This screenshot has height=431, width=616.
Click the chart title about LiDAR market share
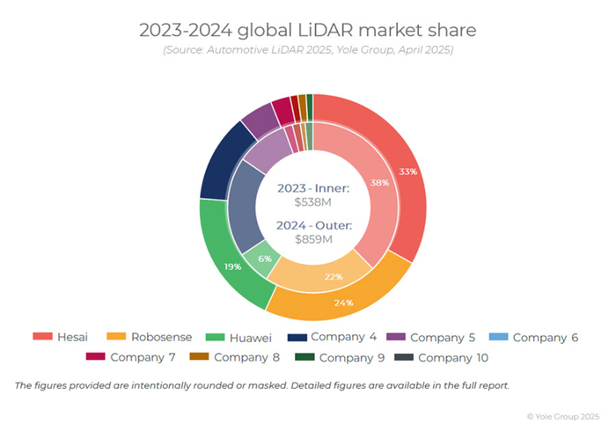pos(307,30)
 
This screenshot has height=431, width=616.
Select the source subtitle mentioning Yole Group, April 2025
pos(307,51)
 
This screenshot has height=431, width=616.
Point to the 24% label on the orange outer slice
pos(344,303)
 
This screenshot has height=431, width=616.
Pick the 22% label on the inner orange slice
pos(333,276)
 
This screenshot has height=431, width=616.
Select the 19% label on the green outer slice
pos(232,267)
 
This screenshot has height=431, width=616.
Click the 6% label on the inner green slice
pos(265,259)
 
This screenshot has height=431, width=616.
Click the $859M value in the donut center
pos(312,238)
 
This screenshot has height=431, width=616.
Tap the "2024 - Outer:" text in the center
pos(313,225)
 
